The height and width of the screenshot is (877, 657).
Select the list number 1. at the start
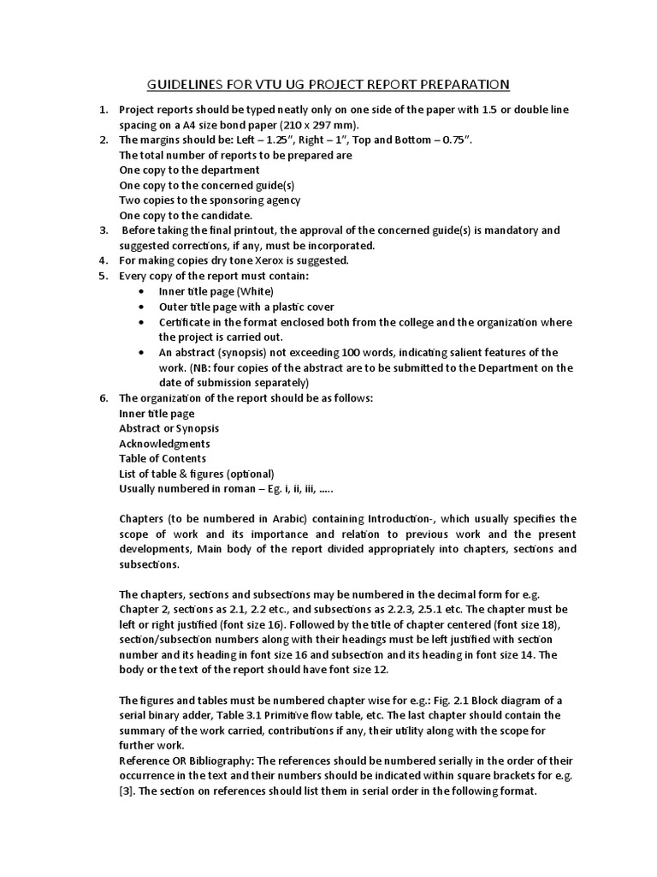(103, 110)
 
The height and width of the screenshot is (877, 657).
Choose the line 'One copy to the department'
(189, 170)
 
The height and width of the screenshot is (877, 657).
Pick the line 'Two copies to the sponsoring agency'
(210, 200)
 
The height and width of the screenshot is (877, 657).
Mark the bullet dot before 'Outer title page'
(140, 307)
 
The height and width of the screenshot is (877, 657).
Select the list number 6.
(103, 398)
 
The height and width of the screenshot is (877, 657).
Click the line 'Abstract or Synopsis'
(169, 428)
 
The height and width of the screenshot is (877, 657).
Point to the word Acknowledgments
(164, 444)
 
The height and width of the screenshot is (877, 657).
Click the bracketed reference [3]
(127, 790)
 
